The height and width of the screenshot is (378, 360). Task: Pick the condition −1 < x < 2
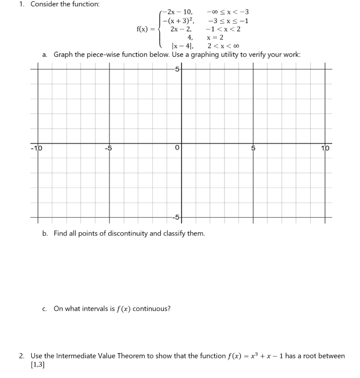[223, 28]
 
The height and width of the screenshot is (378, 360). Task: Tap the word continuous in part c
[152, 308]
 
